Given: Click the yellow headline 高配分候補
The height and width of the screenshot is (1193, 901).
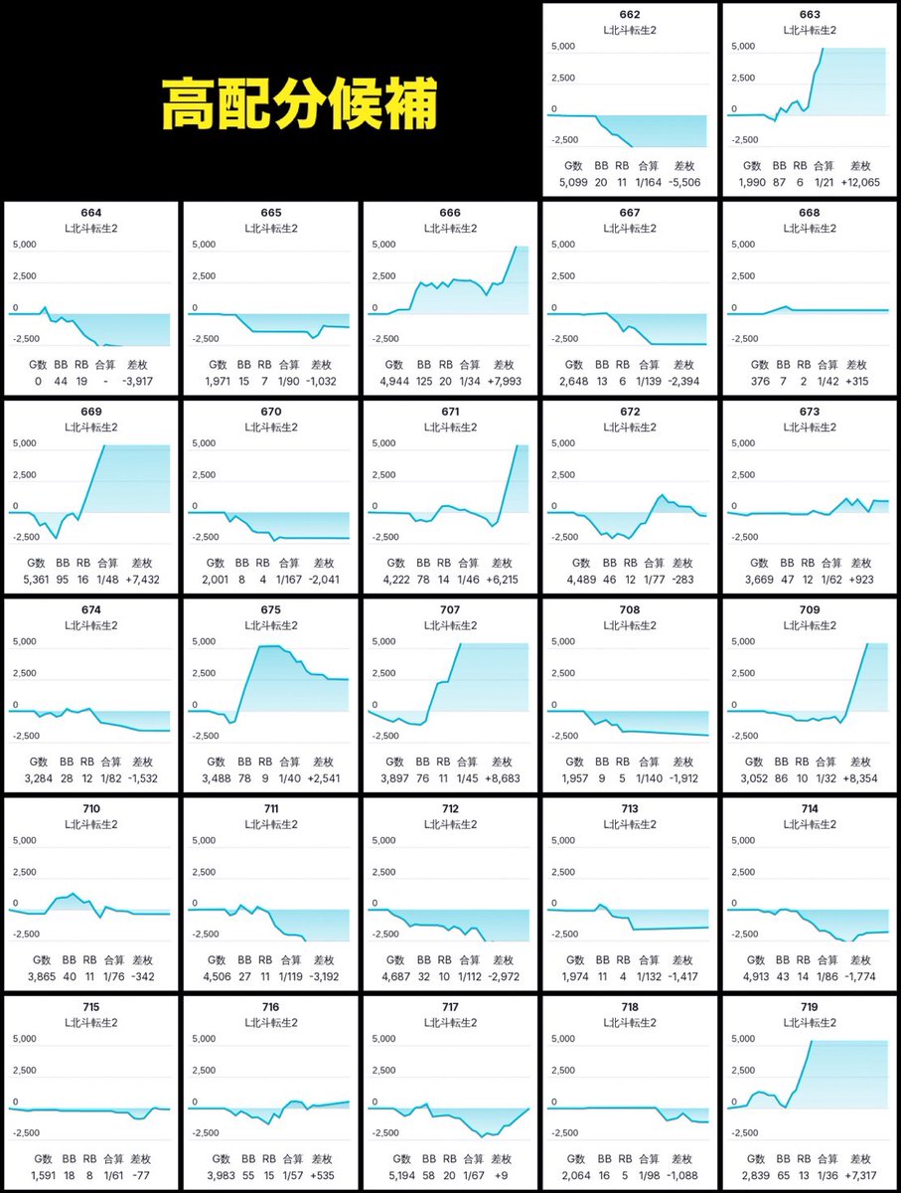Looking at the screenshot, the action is (x=299, y=103).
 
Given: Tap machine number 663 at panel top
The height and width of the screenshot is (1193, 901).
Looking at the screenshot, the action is (x=810, y=15).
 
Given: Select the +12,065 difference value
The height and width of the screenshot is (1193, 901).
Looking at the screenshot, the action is (x=860, y=183).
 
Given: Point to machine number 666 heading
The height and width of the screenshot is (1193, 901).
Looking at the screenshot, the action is (x=450, y=213).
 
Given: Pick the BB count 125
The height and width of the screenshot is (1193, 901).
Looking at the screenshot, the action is (x=424, y=382).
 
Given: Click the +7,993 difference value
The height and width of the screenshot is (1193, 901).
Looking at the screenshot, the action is (x=504, y=382).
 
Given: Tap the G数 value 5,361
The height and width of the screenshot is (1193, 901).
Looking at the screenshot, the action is (x=36, y=580).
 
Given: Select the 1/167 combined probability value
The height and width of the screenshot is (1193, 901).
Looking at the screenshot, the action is (x=289, y=580).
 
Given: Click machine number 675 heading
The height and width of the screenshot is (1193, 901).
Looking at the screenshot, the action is (x=270, y=609).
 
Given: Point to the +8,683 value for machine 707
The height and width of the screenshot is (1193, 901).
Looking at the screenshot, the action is (x=503, y=778).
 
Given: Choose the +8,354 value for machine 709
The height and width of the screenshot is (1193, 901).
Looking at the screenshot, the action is (x=860, y=778).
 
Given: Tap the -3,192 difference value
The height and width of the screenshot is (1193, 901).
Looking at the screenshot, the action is (x=324, y=976).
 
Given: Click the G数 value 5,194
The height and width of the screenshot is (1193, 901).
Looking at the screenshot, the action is (x=402, y=1176).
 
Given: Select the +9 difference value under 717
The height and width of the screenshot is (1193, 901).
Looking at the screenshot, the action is (x=502, y=1176).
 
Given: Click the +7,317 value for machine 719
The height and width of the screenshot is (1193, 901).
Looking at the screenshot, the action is (x=860, y=1176).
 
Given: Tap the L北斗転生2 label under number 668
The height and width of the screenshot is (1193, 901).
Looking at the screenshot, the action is (x=810, y=229).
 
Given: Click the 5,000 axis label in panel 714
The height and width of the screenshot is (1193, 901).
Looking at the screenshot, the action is (x=743, y=841).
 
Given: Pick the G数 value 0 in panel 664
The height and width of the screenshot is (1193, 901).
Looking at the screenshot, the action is (x=38, y=382).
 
